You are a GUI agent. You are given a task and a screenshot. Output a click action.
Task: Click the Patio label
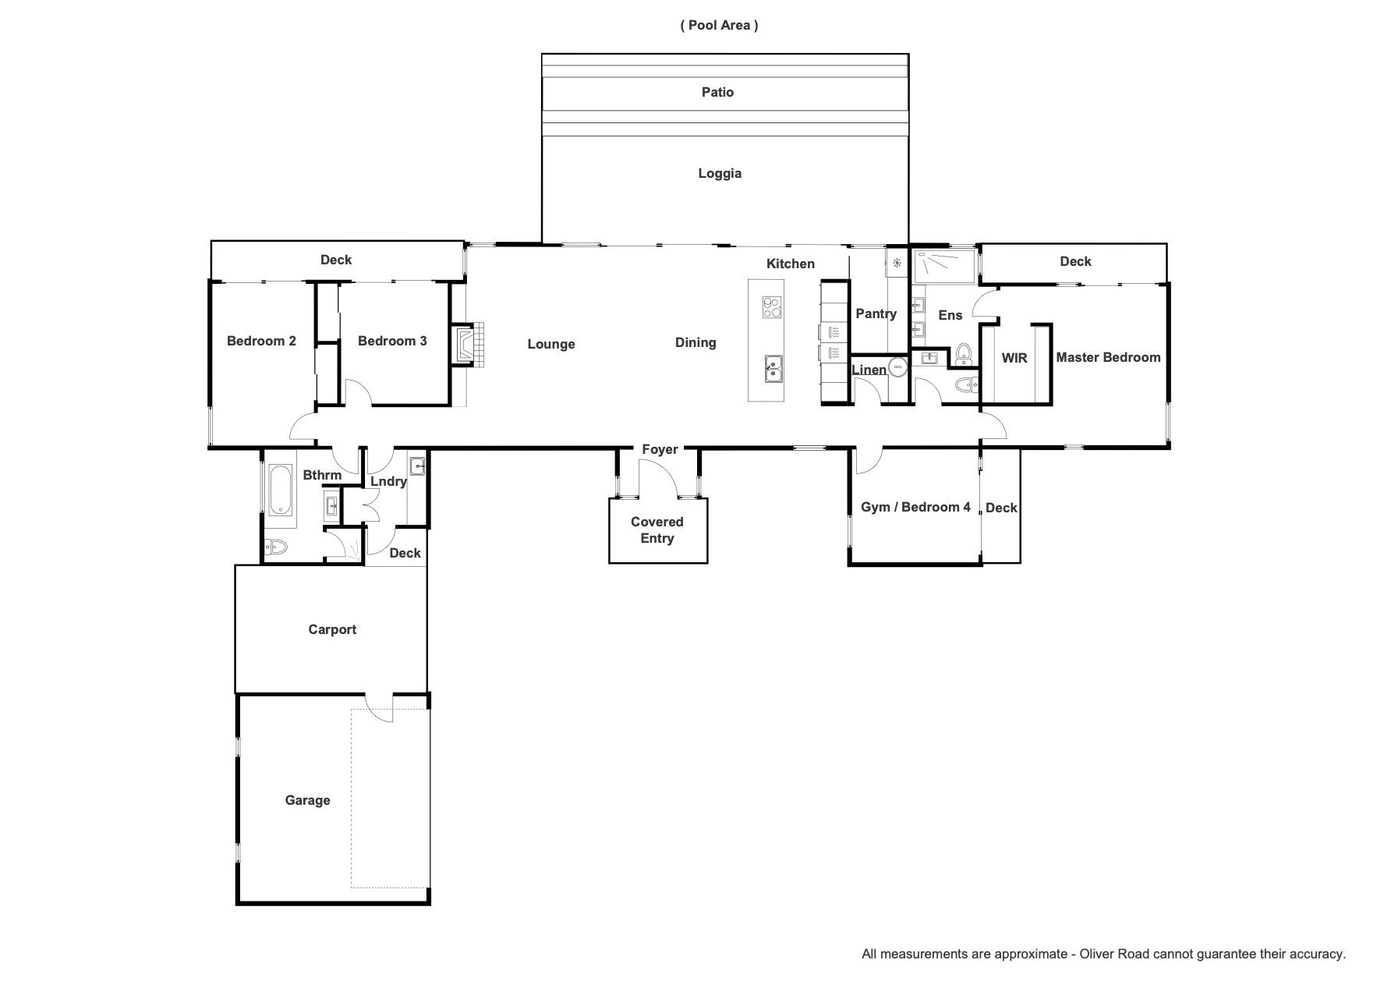[x=717, y=92]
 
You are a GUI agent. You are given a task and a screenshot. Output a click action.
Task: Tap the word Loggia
[x=720, y=174]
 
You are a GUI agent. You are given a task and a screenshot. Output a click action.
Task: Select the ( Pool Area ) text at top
[x=719, y=25]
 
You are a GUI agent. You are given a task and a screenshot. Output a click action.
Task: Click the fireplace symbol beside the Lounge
[x=470, y=343]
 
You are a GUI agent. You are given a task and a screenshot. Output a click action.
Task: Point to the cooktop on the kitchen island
[x=772, y=307]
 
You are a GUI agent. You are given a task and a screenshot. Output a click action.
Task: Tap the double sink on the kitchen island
[x=773, y=369]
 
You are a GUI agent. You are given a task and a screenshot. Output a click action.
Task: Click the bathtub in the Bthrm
[x=281, y=490]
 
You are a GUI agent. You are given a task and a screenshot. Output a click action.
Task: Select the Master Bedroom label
[x=1108, y=357]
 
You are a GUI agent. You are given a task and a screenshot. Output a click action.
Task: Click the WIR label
[x=1014, y=358]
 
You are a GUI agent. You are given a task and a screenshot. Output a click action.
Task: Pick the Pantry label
[x=876, y=313]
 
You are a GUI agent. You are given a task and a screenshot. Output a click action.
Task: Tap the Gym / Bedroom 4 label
[x=915, y=507]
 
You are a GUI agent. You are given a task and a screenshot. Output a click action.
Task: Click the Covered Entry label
[x=657, y=530]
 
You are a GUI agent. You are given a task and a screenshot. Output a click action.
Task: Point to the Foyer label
[x=660, y=449]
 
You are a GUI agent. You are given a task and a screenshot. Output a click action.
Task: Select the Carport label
[x=332, y=629]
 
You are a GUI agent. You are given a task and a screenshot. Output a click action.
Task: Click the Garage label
[x=307, y=800]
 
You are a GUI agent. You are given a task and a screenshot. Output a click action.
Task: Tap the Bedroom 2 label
[x=261, y=341]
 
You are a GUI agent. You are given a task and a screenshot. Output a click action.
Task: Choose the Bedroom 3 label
[x=392, y=341]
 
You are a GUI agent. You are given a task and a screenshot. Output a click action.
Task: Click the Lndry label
[x=388, y=481]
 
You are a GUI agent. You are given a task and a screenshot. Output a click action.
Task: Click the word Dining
[x=696, y=342]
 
